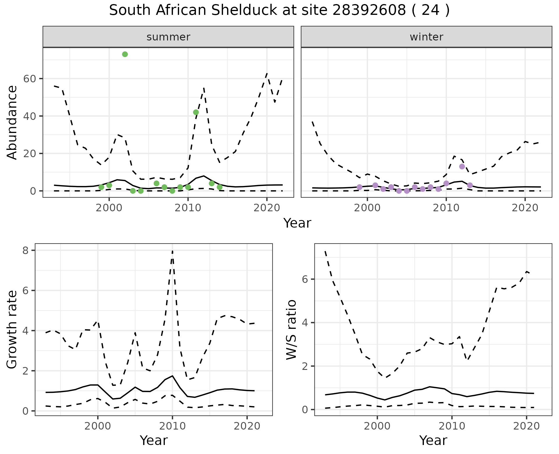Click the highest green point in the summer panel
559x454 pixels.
coord(125,54)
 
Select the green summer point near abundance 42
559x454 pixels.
coord(196,112)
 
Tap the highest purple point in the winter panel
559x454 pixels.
coord(462,166)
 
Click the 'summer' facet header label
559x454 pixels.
coord(168,37)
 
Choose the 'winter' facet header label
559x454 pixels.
coord(426,37)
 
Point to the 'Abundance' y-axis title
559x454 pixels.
coord(12,122)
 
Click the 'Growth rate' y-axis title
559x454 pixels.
coord(12,329)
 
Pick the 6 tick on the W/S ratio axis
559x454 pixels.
coord(305,279)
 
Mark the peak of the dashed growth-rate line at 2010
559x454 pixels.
coord(173,251)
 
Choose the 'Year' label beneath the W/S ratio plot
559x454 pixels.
coord(433,440)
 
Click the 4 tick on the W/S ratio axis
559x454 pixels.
coord(305,322)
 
